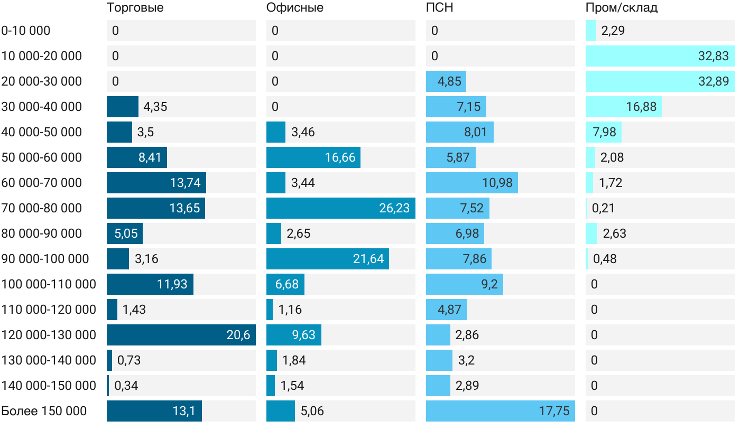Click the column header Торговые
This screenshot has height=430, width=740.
coord(135,8)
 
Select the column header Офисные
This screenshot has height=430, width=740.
coord(295,8)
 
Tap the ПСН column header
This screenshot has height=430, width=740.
coord(439,8)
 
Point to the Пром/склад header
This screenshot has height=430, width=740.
coord(621,8)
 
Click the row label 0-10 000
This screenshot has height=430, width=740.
coord(26,31)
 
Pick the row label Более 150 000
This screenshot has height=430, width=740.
coord(44,411)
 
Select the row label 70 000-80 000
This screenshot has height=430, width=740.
coord(42,208)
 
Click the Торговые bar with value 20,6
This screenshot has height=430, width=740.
coord(181,335)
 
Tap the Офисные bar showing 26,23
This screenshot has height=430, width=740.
coord(340,208)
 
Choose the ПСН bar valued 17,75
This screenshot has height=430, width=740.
coord(500,411)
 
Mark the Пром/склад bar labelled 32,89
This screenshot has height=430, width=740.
coord(660,81)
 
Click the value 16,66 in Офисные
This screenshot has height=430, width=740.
coord(340,157)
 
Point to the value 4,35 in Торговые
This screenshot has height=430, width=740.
coord(155,107)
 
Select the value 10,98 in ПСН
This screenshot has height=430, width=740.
coord(497,183)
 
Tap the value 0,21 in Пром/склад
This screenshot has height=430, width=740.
coord(603,208)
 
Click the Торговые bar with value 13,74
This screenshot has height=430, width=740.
coord(156,183)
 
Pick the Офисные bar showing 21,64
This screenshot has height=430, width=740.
coord(327,259)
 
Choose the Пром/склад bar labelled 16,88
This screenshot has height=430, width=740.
coord(623,107)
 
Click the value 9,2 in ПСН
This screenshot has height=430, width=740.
coord(489,284)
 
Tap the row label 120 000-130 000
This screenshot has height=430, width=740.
coord(49,335)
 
